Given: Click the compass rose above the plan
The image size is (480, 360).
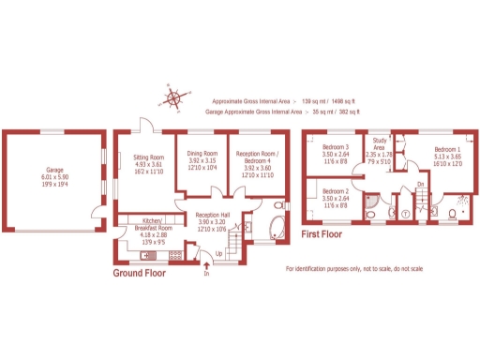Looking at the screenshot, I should click(x=175, y=97).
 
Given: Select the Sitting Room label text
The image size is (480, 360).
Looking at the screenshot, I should click(x=147, y=162).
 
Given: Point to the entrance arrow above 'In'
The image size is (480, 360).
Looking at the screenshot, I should click(x=206, y=266).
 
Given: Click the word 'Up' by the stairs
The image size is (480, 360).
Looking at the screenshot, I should click(x=219, y=253).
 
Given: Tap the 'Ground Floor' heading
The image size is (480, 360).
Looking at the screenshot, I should click(x=142, y=274).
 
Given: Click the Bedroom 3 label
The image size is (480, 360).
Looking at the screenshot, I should click(x=336, y=153).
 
